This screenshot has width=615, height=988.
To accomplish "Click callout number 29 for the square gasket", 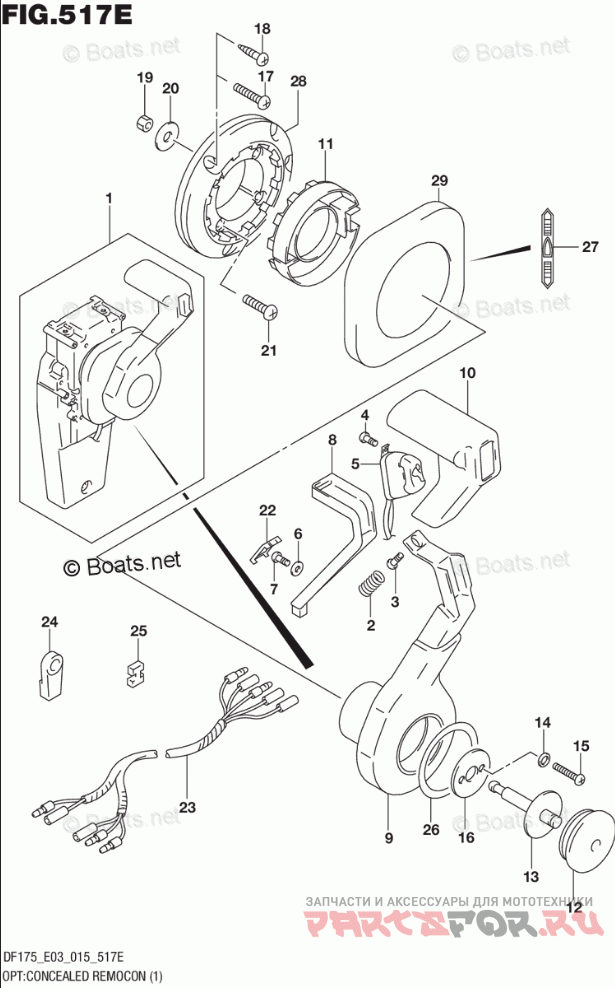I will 438,180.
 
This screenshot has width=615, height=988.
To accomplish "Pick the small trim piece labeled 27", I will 548,247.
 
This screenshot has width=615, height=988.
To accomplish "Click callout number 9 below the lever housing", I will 388,837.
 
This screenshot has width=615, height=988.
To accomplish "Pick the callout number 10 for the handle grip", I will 466,374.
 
